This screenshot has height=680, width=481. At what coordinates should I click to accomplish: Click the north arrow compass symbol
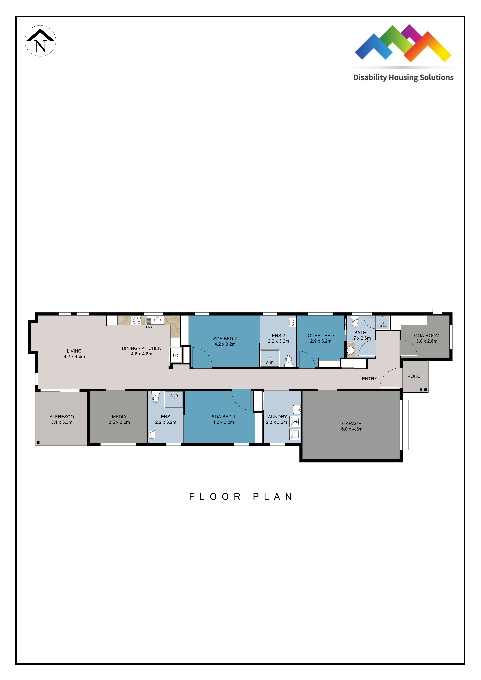point(40,41)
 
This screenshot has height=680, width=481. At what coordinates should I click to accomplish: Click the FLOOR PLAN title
point(241,497)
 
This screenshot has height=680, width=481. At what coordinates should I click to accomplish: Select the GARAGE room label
point(352,424)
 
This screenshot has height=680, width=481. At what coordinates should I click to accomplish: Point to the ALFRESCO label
point(62,417)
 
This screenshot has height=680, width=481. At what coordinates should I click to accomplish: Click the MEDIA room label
point(119,417)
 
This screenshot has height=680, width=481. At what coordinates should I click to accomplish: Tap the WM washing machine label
point(296,422)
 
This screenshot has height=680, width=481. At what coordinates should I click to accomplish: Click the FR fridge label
point(175,355)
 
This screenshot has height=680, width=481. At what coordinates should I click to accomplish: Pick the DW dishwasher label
point(149,327)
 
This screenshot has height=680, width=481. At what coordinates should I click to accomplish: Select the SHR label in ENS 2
point(270,363)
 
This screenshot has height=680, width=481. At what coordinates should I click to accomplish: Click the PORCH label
point(416,376)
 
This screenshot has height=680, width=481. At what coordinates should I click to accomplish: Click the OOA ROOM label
point(427,336)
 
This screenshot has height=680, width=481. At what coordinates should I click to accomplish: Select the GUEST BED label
point(321,336)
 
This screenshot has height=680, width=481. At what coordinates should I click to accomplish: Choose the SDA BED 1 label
point(223,417)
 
